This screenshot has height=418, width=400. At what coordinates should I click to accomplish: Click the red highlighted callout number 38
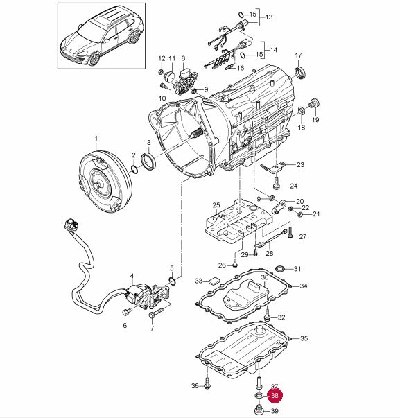point(275,395)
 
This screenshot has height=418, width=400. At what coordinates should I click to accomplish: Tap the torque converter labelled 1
point(106,182)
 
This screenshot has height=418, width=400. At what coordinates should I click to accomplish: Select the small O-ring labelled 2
point(134,169)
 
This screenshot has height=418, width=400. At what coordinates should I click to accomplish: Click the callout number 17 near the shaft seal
point(298,55)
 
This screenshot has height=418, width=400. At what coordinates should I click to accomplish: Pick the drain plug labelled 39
point(259,410)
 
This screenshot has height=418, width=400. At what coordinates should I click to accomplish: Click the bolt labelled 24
point(277,184)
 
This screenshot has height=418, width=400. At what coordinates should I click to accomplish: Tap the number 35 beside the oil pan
point(304,338)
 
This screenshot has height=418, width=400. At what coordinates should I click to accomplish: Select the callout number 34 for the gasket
point(304,286)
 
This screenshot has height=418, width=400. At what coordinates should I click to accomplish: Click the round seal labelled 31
point(280,268)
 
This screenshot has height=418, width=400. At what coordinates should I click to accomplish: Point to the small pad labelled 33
point(214,281)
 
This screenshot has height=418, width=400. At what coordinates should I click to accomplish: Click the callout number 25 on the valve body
point(216,205)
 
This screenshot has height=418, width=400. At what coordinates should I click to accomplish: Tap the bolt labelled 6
point(126,312)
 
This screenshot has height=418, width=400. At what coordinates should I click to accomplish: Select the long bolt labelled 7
point(156,313)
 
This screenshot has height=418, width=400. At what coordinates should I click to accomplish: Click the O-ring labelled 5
point(172,281)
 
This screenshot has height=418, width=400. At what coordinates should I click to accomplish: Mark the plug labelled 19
point(314,103)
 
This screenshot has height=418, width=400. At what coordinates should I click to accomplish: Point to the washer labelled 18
point(302,110)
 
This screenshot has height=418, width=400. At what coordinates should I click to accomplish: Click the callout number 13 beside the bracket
point(269,17)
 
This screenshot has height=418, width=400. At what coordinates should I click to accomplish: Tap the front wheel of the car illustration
point(94,59)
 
